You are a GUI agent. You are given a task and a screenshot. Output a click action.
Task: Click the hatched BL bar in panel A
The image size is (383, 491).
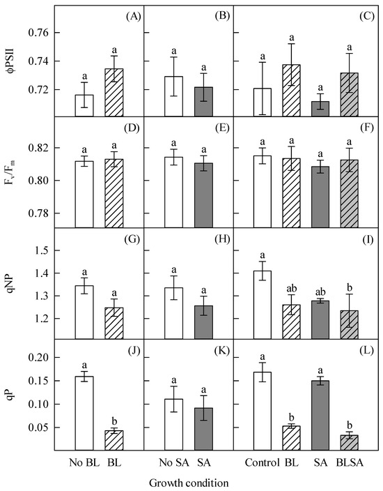click(114, 93)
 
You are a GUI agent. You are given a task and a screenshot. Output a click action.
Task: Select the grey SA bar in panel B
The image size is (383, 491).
click(203, 102)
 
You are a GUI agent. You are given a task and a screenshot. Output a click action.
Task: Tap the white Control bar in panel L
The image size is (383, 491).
click(263, 411)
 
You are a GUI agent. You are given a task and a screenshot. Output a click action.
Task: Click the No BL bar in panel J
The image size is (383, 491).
click(84, 414)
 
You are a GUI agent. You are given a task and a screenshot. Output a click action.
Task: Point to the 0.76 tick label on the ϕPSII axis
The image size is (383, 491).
click(38, 33)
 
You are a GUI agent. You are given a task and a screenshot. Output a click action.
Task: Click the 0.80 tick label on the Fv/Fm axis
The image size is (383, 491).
click(38, 181)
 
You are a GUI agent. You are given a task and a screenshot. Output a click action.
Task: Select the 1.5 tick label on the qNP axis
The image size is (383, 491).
click(42, 250)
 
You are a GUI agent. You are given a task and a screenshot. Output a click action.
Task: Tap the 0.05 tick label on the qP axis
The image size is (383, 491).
click(38, 428)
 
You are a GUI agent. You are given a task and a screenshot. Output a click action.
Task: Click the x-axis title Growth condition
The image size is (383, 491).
click(189, 483)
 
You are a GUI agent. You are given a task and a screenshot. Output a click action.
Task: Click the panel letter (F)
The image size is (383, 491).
click(367, 128)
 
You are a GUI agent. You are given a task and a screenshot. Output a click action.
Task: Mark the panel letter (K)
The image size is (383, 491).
click(222, 350)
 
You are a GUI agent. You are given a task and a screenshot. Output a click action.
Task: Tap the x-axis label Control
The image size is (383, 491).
click(262, 462)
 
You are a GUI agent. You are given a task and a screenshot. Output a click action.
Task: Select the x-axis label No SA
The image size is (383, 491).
click(174, 462)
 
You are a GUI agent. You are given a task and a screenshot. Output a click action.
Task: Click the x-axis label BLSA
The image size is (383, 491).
click(350, 462)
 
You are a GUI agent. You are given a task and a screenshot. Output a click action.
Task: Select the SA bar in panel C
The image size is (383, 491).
click(320, 109)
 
